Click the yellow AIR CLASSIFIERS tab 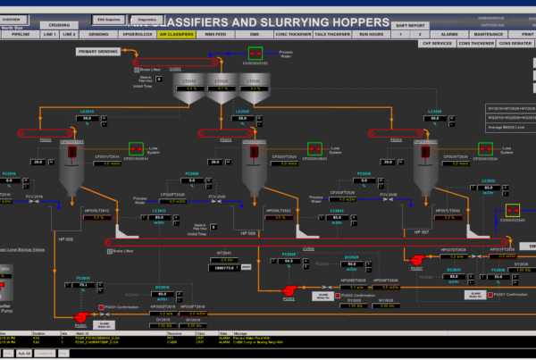click(x=177, y=34)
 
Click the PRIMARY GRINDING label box click(x=98, y=52)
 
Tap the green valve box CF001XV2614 click(x=137, y=148)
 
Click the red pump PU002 click(x=289, y=289)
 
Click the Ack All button click(x=24, y=353)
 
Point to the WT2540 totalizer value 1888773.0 click(x=225, y=266)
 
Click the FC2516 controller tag click(x=10, y=173)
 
